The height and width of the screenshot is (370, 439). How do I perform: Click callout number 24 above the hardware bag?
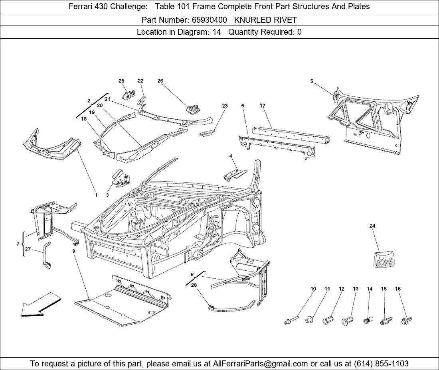372,226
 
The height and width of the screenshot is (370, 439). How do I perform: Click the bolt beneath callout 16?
406,319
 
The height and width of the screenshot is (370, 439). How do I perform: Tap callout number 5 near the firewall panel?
312,81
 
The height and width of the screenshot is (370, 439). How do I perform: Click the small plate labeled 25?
128,95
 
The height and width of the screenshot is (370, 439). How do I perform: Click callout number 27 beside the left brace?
28,249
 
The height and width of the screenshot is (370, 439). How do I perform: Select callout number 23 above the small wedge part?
225,106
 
